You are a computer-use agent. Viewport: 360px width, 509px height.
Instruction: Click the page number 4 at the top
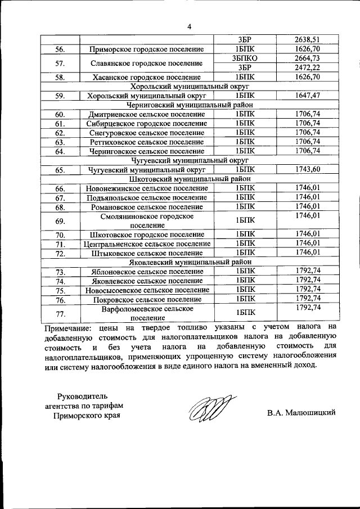[190, 26]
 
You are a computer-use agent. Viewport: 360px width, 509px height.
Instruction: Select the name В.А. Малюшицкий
[301, 412]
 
